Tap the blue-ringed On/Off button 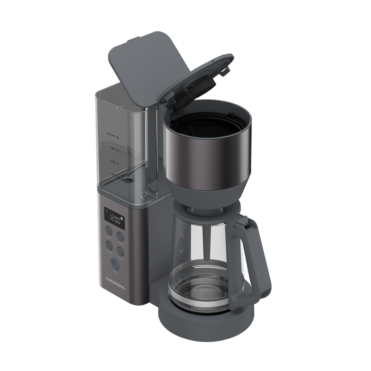[115, 264]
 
